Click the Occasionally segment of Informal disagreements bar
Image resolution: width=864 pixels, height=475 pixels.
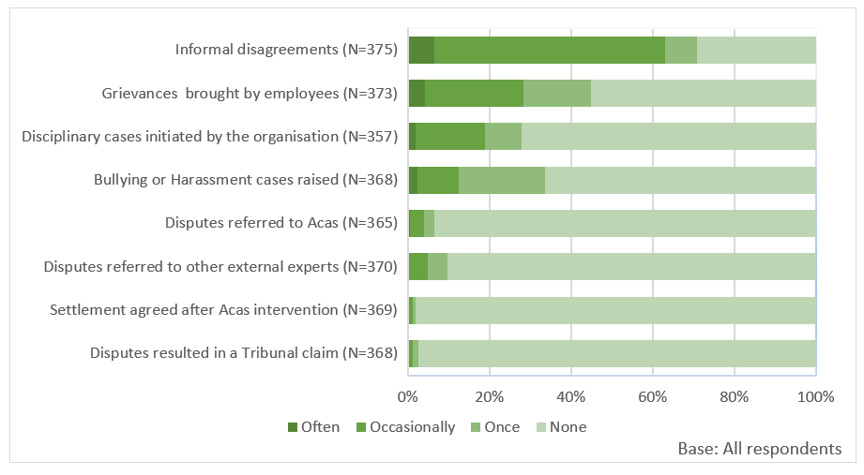550,50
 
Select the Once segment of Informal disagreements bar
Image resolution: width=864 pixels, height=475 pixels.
681,50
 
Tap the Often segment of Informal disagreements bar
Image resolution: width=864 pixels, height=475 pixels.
421,50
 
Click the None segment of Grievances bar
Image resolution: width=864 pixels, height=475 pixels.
703,93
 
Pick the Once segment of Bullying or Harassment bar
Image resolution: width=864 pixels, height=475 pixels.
502,180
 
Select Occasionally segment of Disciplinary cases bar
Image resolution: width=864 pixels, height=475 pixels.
450,137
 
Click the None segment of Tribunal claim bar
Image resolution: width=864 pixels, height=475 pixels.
616,353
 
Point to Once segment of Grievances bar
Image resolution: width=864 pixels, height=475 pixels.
557,93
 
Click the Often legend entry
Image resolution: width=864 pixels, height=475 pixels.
313,427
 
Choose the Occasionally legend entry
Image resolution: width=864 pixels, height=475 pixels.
404,427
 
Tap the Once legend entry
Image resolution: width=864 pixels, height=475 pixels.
494,427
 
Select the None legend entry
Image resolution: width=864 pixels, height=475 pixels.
560,427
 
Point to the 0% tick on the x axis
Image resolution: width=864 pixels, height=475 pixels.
408,396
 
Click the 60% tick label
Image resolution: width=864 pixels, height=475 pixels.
652,396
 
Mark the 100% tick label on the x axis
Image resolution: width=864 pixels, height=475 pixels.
815,396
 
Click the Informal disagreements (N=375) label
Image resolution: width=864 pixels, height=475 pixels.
287,50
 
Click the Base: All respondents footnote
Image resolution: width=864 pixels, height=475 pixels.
759,449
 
